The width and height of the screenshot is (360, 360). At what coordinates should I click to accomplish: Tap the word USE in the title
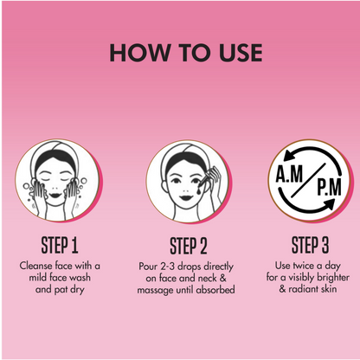[x=241, y=53]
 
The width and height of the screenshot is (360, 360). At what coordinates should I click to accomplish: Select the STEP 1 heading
[x=60, y=246]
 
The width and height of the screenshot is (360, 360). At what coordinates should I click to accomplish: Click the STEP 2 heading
[x=189, y=246]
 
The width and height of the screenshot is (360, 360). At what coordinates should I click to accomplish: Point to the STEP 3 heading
[x=310, y=245]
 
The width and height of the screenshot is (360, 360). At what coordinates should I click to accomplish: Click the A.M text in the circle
[x=289, y=174]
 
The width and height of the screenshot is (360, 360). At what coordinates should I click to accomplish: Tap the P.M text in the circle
[x=329, y=187]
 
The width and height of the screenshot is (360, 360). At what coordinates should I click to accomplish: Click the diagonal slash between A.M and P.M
[x=308, y=180]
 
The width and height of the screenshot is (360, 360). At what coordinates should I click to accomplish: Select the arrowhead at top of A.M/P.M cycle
[x=289, y=156]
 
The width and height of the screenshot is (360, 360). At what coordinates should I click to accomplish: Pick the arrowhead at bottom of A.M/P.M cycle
[x=330, y=204]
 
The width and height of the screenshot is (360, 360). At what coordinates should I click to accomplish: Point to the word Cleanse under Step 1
[x=36, y=266]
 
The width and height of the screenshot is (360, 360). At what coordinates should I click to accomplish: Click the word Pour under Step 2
[x=148, y=267]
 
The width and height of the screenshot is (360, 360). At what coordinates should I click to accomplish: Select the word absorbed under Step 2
[x=215, y=290]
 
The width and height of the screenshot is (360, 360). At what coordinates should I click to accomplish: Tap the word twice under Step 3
[x=303, y=266]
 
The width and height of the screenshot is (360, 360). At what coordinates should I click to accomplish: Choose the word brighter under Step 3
[x=333, y=278]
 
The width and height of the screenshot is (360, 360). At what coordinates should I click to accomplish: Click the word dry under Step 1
[x=77, y=290]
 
